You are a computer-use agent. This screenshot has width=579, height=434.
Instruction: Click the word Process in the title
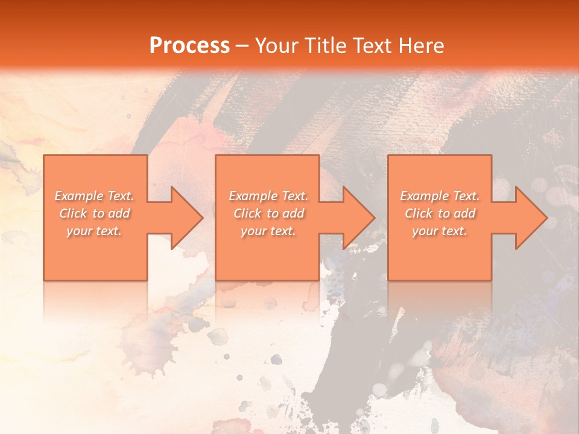[x=189, y=46]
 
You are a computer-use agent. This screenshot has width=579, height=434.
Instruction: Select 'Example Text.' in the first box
[x=95, y=196]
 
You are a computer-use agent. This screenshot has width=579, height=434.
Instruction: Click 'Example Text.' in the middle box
[x=268, y=196]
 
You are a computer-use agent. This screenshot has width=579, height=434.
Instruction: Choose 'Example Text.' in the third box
[x=440, y=196]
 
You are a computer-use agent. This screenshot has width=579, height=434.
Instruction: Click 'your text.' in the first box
[x=94, y=231]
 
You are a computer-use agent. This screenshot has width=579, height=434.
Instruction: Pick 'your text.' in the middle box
[x=268, y=231]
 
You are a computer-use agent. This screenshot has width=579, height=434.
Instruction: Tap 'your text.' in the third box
[x=439, y=231]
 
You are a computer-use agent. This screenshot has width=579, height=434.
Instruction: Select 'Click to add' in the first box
[x=95, y=213]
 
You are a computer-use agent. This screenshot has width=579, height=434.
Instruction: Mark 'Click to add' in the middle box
[x=268, y=213]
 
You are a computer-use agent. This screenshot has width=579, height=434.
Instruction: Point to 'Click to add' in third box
[x=440, y=213]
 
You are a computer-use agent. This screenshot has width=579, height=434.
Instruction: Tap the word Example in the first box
[x=79, y=196]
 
